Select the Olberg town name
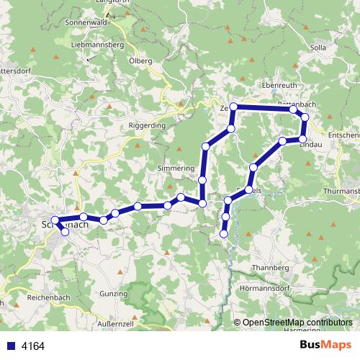(140, 61)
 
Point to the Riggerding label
(148, 125)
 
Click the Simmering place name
(176, 168)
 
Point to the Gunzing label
(114, 294)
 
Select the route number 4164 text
(32, 346)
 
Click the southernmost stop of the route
(224, 233)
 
